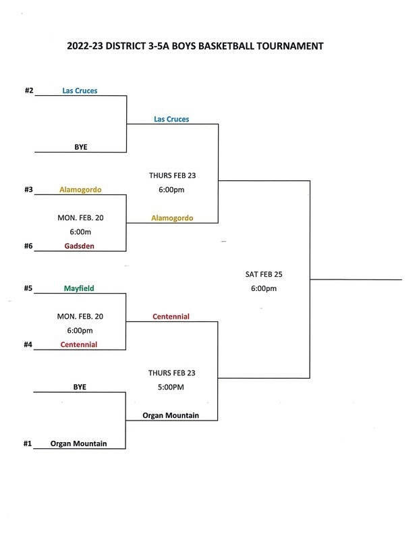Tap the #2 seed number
tap(29, 90)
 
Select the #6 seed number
tap(29, 246)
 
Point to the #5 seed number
tap(29, 288)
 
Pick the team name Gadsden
tap(80, 246)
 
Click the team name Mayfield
tap(80, 288)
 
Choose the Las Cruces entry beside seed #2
tap(80, 90)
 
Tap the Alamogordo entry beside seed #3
tap(80, 190)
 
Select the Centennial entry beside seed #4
tap(80, 344)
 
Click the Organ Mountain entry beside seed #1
tap(80, 443)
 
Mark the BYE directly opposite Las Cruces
tap(80, 146)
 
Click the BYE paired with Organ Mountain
tap(80, 387)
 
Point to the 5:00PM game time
tap(171, 388)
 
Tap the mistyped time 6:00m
tap(80, 232)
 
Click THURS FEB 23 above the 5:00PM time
tap(172, 373)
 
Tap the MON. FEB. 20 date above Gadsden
tap(80, 218)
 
